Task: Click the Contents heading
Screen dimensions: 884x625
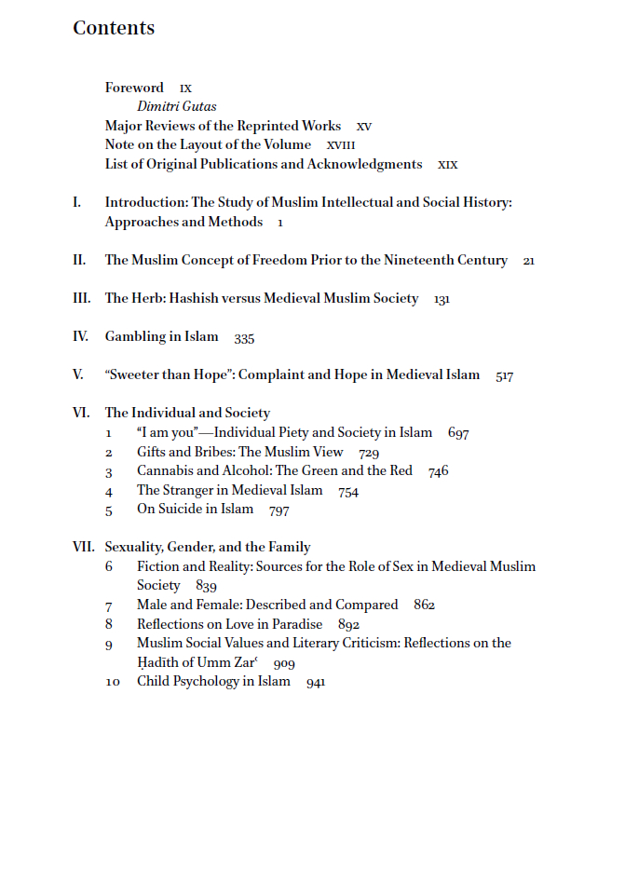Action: (x=114, y=29)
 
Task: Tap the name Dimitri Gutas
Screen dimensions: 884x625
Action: (x=176, y=107)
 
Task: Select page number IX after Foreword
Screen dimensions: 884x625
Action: (x=185, y=89)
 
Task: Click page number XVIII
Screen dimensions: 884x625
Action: (x=341, y=146)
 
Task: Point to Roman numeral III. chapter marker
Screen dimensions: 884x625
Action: (x=81, y=299)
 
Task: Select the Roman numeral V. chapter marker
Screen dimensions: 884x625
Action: (x=78, y=375)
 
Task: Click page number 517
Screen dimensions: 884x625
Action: (x=505, y=376)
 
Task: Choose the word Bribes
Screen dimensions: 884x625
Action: (x=213, y=453)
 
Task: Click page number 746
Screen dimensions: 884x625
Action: (x=438, y=472)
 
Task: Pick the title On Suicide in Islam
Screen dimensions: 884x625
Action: (x=195, y=510)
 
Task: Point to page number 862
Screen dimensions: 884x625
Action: (x=424, y=605)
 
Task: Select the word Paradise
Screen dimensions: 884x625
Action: (x=297, y=625)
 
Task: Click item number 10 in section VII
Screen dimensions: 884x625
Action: (x=112, y=682)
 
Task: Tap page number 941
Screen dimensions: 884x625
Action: (x=315, y=683)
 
